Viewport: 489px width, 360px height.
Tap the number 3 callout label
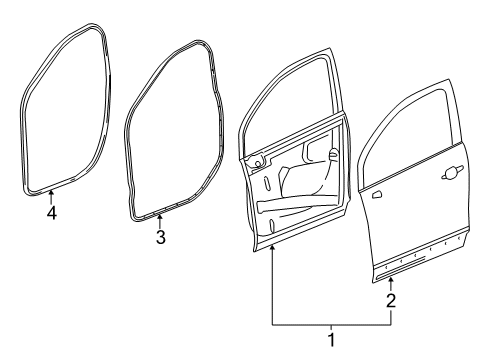(159, 237)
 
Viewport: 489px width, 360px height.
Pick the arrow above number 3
(159, 221)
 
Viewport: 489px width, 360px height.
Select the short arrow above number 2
(391, 283)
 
